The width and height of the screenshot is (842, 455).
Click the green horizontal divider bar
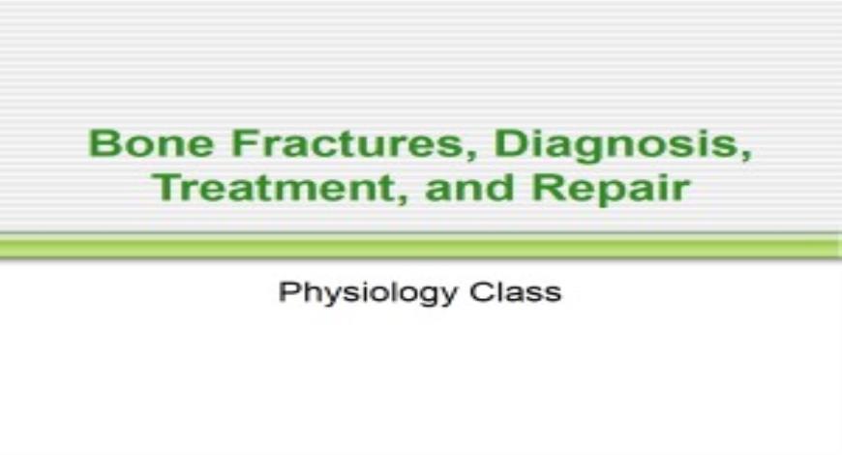click(421, 248)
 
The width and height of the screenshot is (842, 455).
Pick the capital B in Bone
click(101, 144)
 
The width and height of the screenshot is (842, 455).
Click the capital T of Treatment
click(165, 186)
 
